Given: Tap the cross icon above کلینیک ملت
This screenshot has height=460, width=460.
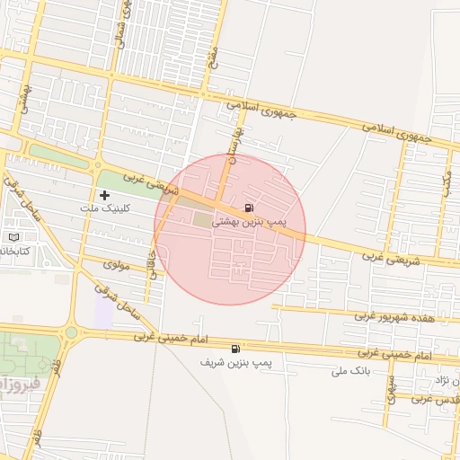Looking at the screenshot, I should tap(105, 195).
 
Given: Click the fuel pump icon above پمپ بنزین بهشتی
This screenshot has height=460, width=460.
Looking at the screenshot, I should tap(248, 208).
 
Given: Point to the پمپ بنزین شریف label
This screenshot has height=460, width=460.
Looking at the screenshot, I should tap(238, 361).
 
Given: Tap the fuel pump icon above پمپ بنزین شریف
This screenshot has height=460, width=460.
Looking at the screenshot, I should tap(235, 349).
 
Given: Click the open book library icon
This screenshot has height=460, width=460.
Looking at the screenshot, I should tap(13, 236).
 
